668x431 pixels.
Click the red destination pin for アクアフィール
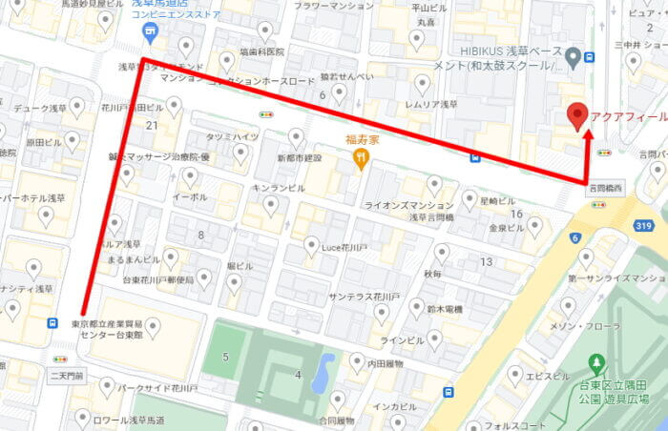[575, 116]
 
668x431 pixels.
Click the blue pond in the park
[323, 372]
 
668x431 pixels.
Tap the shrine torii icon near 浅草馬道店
[149, 32]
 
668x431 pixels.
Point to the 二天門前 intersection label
[67, 377]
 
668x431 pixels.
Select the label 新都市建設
[299, 158]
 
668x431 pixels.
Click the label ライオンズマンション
[408, 206]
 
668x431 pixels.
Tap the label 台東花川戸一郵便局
[158, 280]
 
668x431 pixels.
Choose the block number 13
[486, 261]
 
